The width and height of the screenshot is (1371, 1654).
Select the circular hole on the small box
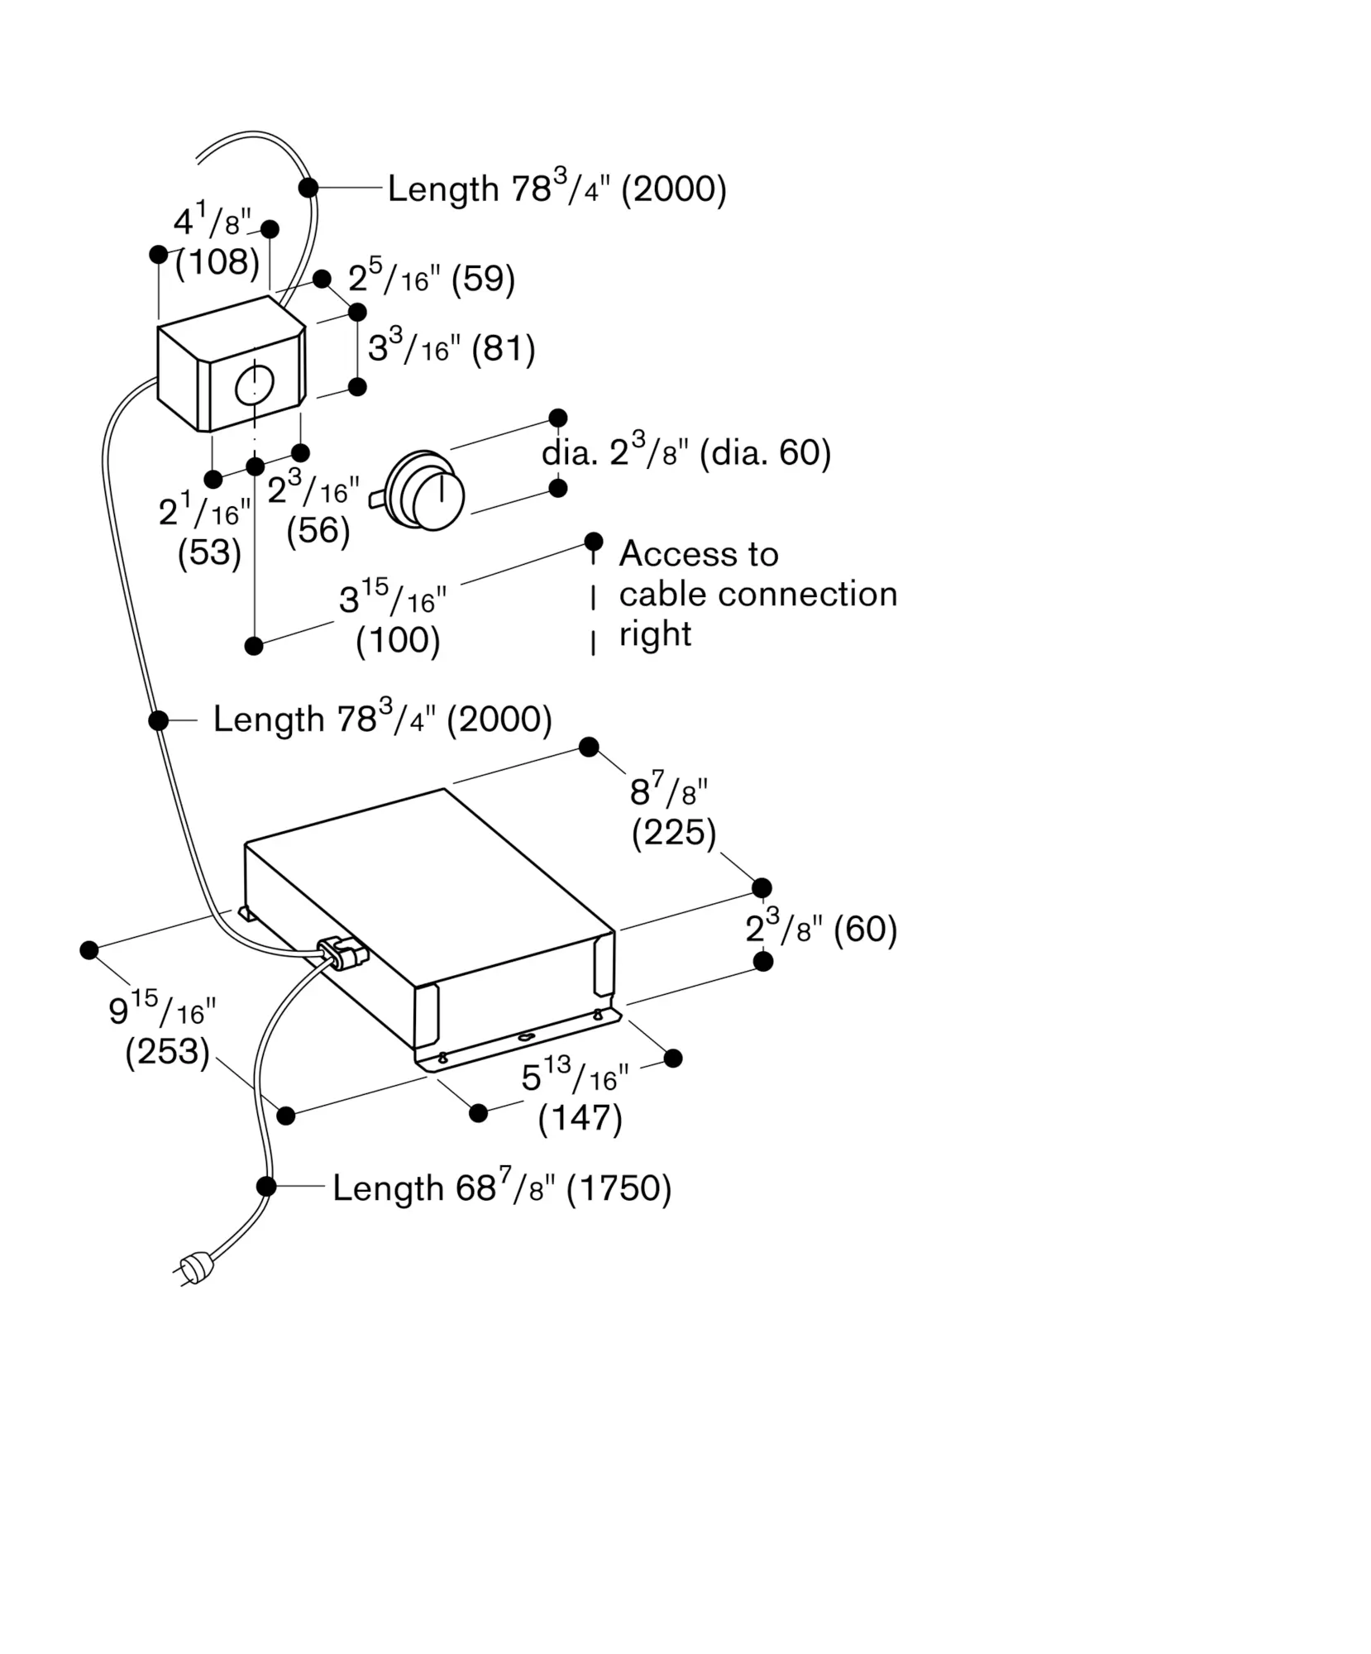254,385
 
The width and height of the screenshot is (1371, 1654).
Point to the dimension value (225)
674,833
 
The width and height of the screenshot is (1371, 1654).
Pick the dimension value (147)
580,1118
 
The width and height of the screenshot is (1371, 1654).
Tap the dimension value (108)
217,262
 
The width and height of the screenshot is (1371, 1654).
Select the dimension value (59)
484,279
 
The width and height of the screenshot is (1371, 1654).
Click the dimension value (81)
504,348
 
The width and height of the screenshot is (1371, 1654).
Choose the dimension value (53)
209,552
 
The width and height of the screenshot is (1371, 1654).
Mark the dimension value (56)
318,530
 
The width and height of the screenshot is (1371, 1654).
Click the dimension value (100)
398,641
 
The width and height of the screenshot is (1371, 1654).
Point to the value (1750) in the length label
619,1188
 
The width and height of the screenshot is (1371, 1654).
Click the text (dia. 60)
765,452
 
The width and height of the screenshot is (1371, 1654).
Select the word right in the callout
655,635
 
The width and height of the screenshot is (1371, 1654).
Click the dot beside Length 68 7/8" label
266,1187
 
